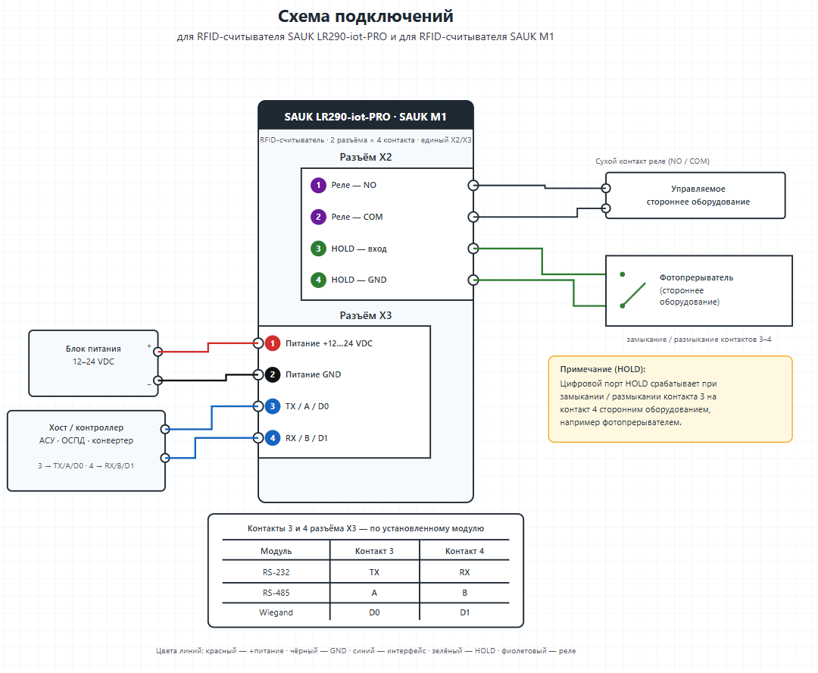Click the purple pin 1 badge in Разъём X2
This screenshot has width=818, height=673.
pyautogui.click(x=318, y=186)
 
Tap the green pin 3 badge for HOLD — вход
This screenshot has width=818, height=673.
pyautogui.click(x=318, y=249)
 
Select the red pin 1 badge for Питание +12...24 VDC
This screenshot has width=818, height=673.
pyautogui.click(x=273, y=343)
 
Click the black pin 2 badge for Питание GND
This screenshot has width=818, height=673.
pyautogui.click(x=273, y=374)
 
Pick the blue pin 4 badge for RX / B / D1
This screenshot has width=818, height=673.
pyautogui.click(x=273, y=438)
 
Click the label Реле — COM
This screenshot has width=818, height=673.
pyautogui.click(x=357, y=217)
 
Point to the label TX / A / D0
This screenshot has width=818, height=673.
pyautogui.click(x=308, y=406)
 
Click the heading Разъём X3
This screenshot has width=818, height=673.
pyautogui.click(x=366, y=315)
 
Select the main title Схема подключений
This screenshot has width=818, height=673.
pyautogui.click(x=365, y=16)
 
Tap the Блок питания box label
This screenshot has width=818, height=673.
pyautogui.click(x=93, y=349)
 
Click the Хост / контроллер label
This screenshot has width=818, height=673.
pyautogui.click(x=86, y=427)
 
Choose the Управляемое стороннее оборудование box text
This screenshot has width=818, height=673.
pyautogui.click(x=698, y=196)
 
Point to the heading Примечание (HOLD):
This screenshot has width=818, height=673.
pyautogui.click(x=603, y=369)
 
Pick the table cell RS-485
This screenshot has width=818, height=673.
pyautogui.click(x=276, y=593)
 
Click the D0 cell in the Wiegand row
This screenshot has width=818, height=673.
pyautogui.click(x=374, y=612)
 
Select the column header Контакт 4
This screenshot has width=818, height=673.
pyautogui.click(x=464, y=551)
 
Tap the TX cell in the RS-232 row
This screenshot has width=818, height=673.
pyautogui.click(x=374, y=572)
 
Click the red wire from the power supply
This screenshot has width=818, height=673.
pyautogui.click(x=208, y=347)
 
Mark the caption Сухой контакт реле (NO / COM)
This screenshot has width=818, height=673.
pyautogui.click(x=652, y=161)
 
